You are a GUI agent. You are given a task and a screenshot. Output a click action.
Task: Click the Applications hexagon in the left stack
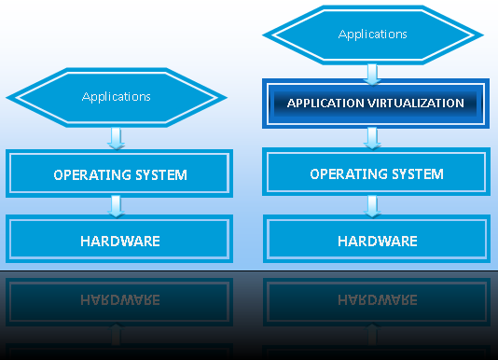(x=117, y=96)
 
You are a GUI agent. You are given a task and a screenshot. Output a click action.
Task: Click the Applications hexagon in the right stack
(x=373, y=35)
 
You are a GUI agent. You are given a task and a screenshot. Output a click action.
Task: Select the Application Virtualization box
(x=375, y=103)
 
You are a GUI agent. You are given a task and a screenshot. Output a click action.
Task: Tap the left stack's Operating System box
(x=119, y=174)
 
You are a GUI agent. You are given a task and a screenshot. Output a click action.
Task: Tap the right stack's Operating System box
(x=376, y=174)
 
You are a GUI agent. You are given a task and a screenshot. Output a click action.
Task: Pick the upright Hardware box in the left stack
(x=119, y=241)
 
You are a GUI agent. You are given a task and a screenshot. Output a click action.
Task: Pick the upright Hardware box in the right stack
(x=376, y=241)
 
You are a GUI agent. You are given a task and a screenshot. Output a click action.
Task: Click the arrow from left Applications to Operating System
(x=117, y=138)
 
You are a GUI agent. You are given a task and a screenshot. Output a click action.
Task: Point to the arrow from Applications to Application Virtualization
(x=373, y=72)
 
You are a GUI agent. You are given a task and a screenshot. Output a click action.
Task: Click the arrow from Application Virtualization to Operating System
(x=373, y=138)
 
